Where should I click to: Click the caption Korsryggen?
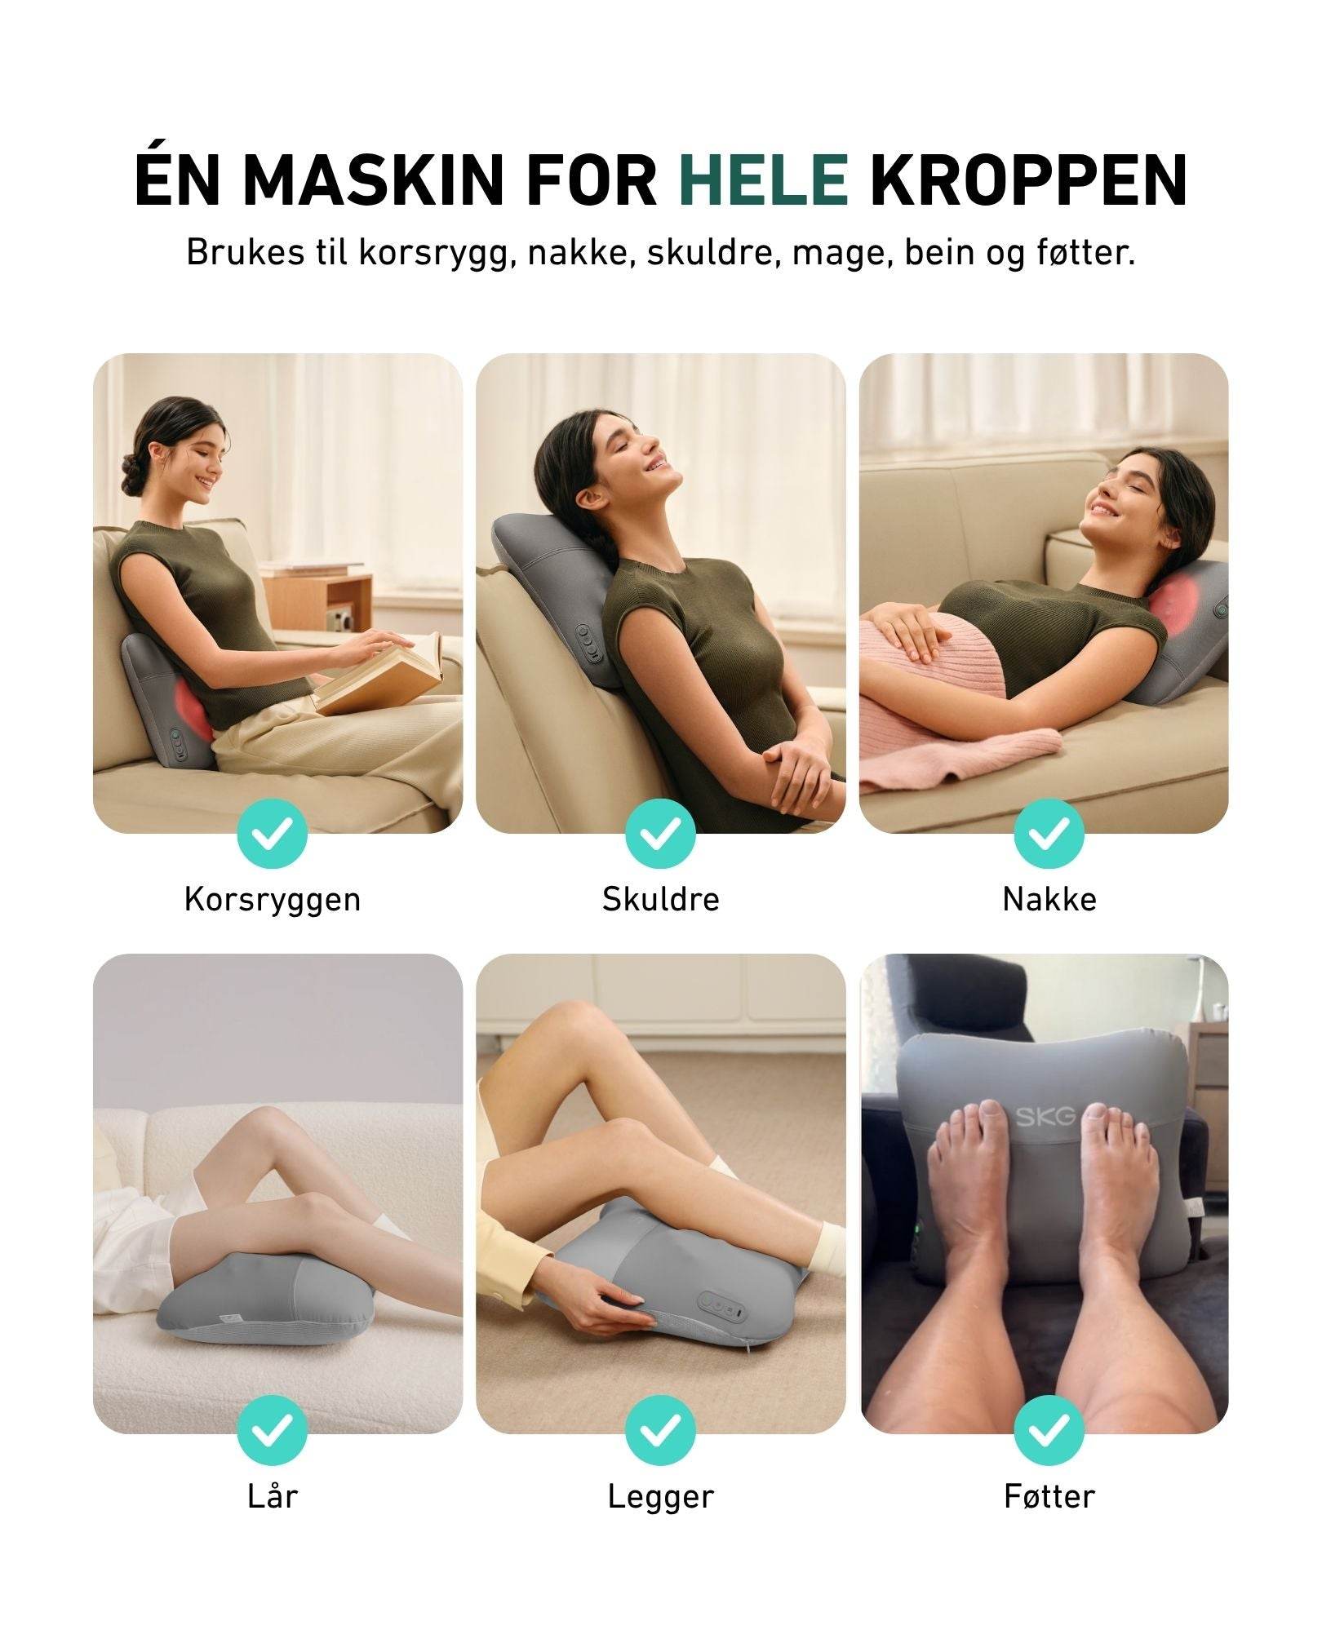point(273,901)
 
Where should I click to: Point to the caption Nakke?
point(1049,899)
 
